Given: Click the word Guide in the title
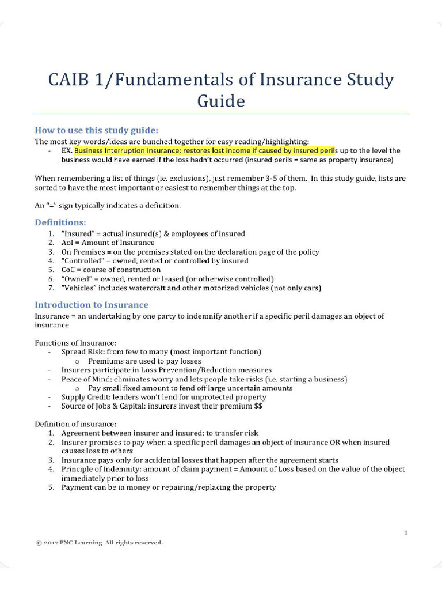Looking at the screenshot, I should (221, 101).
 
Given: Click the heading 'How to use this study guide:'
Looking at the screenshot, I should (96, 130).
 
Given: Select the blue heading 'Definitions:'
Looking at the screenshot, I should (60, 222).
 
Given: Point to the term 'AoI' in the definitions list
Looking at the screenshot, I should (68, 243).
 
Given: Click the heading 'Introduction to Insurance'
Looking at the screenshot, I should (92, 305).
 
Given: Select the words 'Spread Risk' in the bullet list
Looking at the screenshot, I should (81, 351).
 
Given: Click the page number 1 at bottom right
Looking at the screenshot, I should (406, 533).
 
